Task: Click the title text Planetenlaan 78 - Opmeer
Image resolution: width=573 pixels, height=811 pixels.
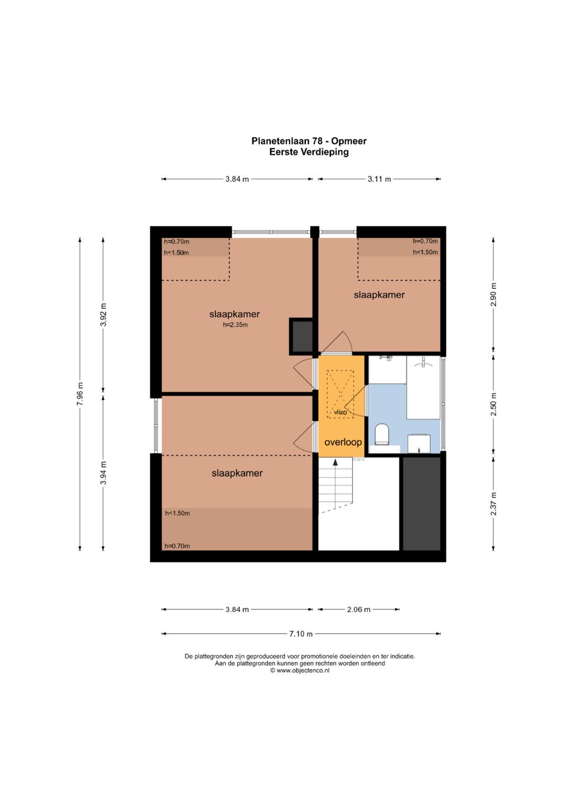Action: (309, 141)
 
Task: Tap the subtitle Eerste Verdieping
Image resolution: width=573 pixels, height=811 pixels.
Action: (309, 152)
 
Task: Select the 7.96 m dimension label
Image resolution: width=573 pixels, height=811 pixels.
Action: (80, 394)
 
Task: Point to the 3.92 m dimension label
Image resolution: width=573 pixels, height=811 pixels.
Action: (103, 314)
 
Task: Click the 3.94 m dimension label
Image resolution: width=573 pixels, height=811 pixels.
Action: (103, 473)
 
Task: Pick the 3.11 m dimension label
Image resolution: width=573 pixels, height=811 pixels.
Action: (379, 179)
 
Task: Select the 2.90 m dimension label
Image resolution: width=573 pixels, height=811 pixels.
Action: (493, 294)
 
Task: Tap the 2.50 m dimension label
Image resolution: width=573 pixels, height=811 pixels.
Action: (493, 404)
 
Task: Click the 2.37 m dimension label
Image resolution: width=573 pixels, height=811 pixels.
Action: (493, 503)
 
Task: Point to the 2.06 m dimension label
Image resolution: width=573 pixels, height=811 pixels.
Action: (359, 609)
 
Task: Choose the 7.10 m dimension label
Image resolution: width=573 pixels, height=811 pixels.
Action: (301, 634)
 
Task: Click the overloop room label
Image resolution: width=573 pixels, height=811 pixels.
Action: (343, 442)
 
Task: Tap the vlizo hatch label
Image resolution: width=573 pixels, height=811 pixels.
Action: (341, 412)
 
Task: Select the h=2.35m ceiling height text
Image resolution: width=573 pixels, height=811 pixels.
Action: (235, 325)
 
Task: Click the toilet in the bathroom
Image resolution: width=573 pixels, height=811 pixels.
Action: (381, 434)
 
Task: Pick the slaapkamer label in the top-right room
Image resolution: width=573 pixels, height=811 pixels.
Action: (379, 295)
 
